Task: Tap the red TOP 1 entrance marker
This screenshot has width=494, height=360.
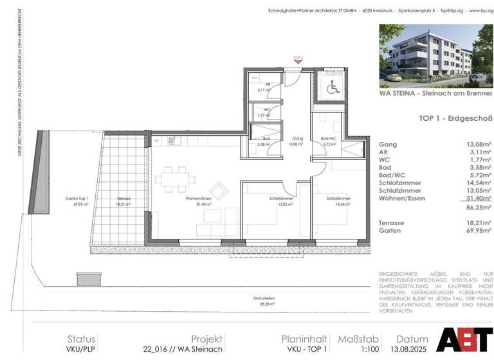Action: click(x=297, y=59)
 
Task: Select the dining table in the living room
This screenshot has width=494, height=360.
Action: click(x=176, y=175)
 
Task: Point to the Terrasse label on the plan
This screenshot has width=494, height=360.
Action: click(x=123, y=199)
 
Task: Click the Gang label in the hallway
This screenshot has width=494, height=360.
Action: click(x=298, y=138)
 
